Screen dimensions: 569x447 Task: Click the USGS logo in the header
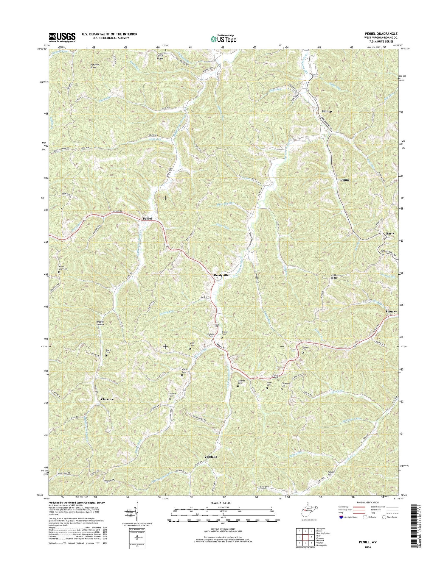(x=62, y=37)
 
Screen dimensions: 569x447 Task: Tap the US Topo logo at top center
(x=223, y=38)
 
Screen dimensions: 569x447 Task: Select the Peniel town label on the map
(x=147, y=218)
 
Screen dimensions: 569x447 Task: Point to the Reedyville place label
(x=221, y=275)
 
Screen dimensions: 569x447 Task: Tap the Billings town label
(x=327, y=111)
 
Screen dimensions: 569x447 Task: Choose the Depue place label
(x=344, y=180)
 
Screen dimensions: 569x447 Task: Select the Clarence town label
(x=107, y=399)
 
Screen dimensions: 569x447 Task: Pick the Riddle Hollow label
(x=100, y=323)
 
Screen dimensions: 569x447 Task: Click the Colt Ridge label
(x=334, y=277)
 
